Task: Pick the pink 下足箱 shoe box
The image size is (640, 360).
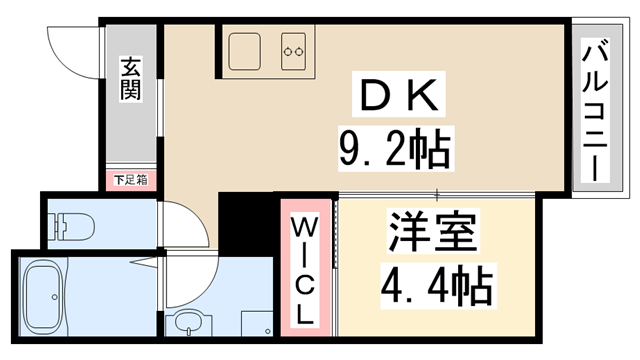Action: [130, 181]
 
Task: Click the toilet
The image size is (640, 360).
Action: [73, 226]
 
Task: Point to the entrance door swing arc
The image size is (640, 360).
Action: [72, 50]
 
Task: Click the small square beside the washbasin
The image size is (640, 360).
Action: [260, 327]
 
